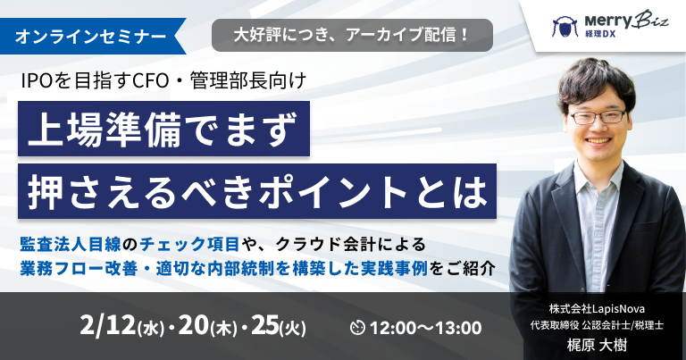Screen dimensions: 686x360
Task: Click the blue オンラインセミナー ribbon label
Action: coord(92,37)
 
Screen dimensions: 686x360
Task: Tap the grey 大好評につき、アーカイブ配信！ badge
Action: coord(352,35)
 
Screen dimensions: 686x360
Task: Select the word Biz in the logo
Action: coord(651,20)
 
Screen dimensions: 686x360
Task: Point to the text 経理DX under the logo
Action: coord(600,34)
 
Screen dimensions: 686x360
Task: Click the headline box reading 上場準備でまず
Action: coord(163,129)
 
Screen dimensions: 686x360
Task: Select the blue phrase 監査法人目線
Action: coord(70,244)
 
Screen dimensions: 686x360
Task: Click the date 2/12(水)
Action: coord(122,327)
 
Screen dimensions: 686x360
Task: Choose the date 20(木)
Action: coord(208,327)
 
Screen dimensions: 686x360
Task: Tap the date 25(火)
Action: coord(279,327)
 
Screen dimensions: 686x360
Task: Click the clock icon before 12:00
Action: coord(357,328)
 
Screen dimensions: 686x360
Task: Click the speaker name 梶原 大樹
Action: coord(597,346)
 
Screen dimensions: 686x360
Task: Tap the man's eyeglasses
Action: coord(598,117)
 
